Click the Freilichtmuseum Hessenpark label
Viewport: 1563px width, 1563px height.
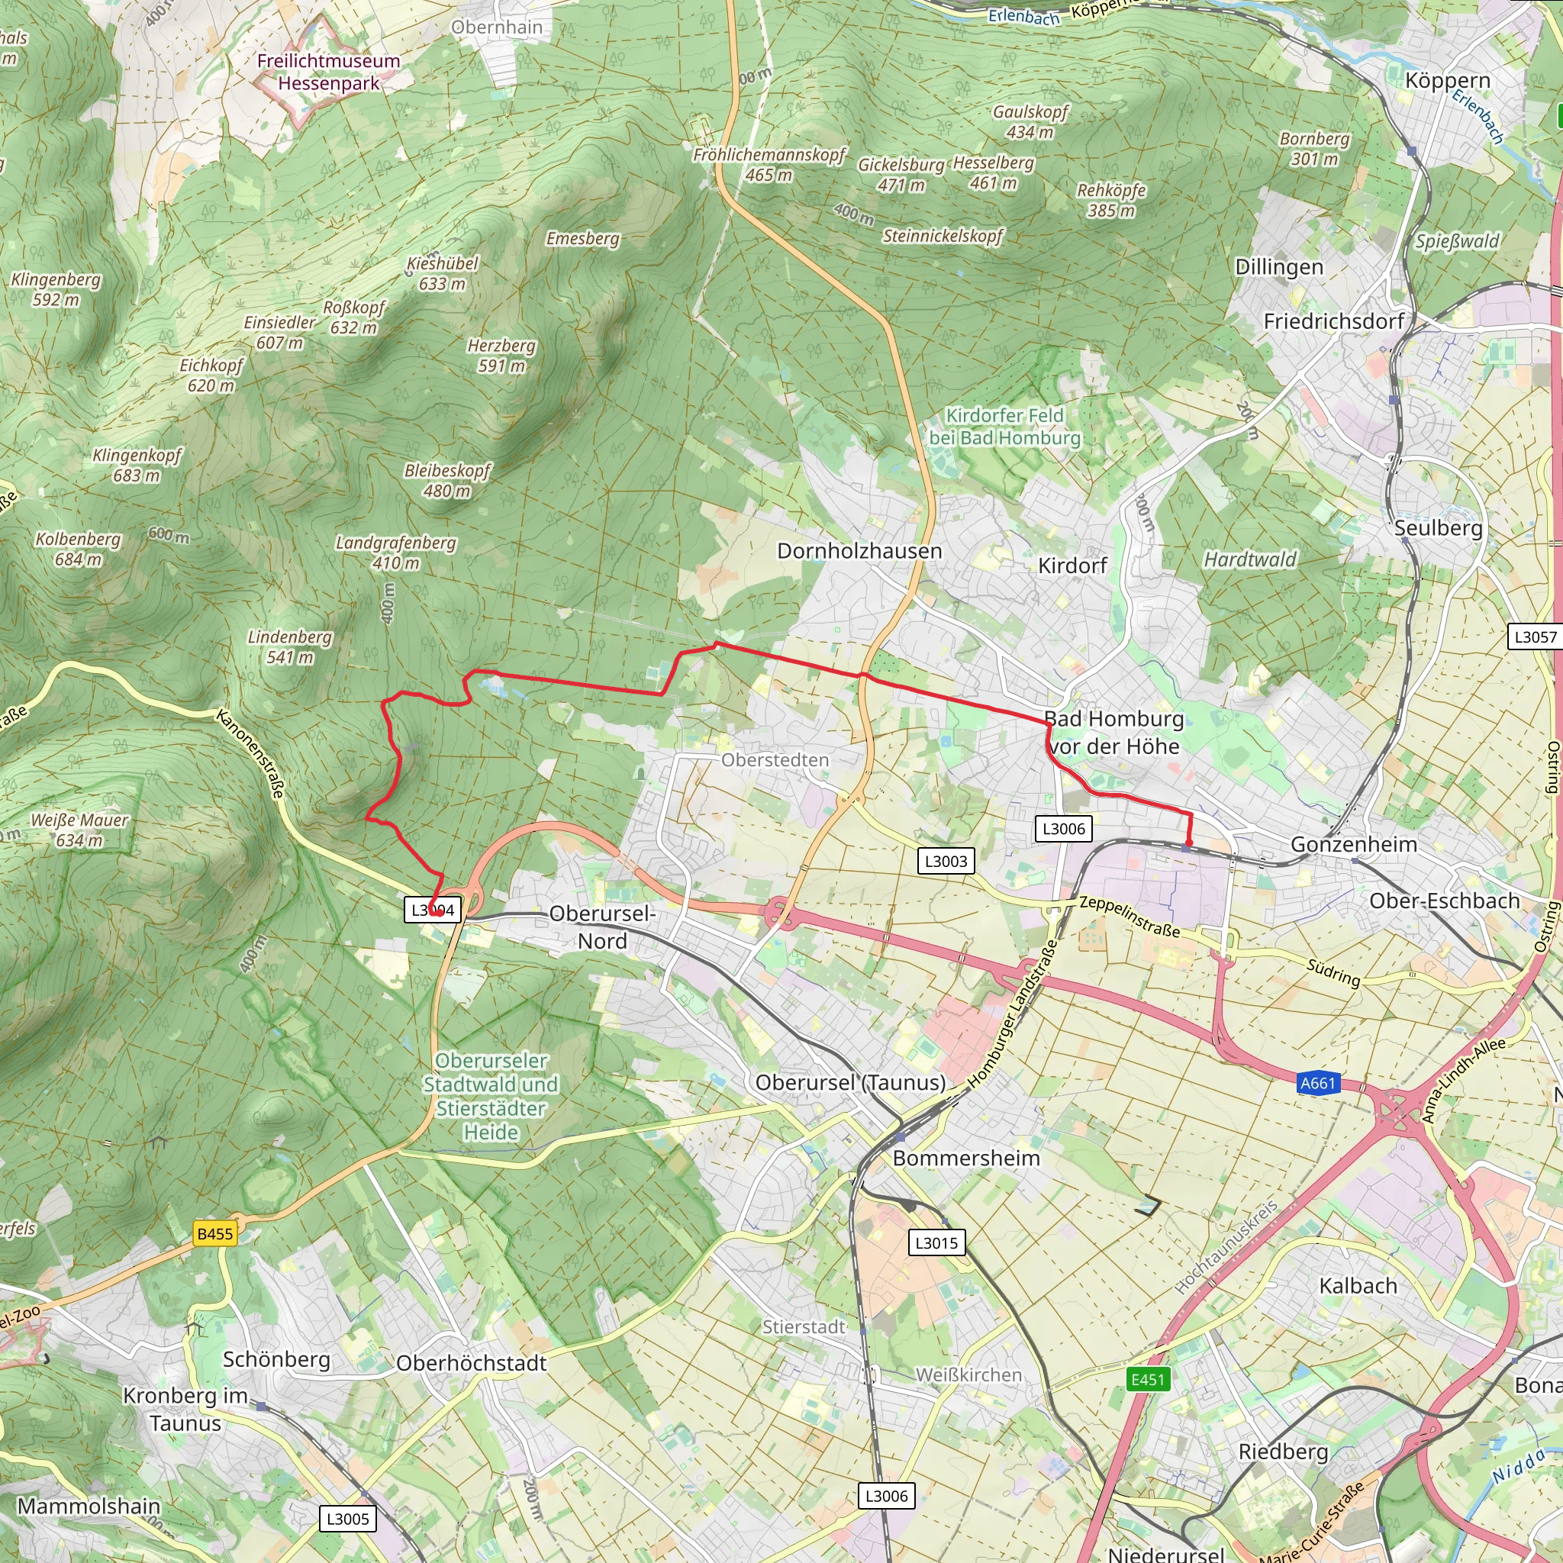point(328,72)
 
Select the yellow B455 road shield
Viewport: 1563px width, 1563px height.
point(215,1234)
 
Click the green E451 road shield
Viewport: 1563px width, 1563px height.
point(1147,1379)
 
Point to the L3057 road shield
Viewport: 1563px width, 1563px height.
point(1535,636)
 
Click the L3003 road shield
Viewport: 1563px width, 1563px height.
point(946,861)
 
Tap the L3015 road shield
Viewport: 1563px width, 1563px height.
point(936,1242)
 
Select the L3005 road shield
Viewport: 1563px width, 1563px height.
point(347,1519)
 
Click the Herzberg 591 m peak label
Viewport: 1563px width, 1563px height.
point(501,356)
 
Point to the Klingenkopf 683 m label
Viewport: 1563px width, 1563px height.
point(137,466)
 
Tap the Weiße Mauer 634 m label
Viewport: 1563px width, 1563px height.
point(79,830)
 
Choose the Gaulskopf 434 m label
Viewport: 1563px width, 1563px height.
point(1030,121)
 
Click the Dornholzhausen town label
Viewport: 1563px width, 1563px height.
point(859,551)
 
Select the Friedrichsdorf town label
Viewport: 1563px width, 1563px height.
point(1333,321)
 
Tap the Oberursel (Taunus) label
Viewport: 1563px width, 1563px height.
point(849,1082)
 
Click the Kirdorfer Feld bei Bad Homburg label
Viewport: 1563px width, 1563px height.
point(1005,427)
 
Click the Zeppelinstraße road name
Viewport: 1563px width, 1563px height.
point(1130,917)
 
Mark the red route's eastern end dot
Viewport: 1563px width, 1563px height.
point(1188,843)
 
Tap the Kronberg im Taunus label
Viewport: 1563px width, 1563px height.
point(185,1410)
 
